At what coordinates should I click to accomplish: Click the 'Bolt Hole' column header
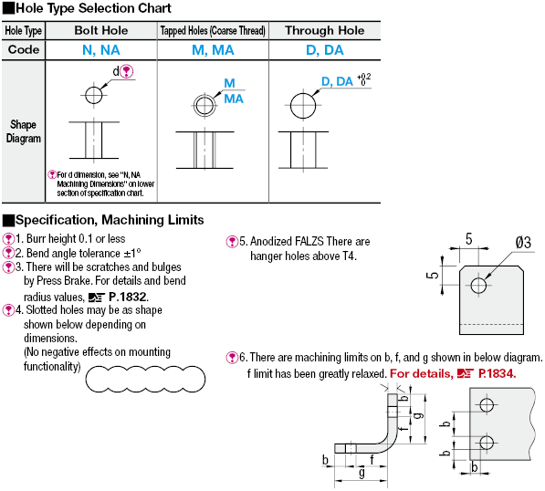point(101,31)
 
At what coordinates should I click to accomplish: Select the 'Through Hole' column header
point(325,31)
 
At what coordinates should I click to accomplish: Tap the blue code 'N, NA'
point(101,50)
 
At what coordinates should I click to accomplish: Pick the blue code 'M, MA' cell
point(213,50)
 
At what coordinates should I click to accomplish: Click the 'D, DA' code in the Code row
point(325,50)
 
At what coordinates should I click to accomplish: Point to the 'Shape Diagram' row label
point(24,131)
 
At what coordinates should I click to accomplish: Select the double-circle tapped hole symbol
point(204,105)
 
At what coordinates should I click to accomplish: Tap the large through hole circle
point(303,105)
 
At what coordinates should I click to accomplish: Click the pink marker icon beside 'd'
point(127,71)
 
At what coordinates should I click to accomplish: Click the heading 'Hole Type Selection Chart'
point(93,8)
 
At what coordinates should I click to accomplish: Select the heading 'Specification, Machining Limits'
point(110,220)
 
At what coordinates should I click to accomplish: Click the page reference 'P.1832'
point(128,297)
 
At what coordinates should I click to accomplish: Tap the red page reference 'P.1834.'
point(497,373)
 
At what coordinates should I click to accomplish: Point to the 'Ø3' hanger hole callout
point(523,242)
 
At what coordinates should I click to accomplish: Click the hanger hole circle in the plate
point(478,286)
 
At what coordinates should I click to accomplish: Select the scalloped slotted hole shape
point(145,379)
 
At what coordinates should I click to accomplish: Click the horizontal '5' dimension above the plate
point(469,239)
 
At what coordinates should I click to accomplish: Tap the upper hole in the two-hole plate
point(487,405)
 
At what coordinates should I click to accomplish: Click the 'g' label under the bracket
point(362,473)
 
